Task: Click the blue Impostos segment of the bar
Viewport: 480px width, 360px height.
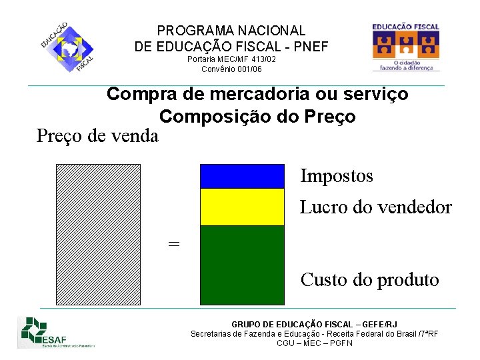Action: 243,176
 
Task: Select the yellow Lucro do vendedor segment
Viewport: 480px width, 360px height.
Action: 243,207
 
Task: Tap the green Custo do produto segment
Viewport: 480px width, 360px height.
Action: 243,265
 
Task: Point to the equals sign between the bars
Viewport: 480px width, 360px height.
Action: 174,244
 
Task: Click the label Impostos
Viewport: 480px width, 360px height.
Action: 337,176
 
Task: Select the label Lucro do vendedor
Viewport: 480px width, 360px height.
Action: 375,207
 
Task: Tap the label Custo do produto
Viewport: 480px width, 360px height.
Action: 369,279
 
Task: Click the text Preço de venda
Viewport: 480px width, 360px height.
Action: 97,136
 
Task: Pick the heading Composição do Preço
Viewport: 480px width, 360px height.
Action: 257,116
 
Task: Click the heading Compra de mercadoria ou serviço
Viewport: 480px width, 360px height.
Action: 257,94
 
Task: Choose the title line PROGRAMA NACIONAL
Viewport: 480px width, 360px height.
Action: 231,31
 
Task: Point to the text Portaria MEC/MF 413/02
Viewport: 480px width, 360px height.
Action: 231,59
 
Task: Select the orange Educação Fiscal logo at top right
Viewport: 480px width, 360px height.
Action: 406,47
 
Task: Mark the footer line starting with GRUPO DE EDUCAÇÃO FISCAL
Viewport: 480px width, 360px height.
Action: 314,324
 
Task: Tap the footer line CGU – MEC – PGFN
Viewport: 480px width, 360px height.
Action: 314,343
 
